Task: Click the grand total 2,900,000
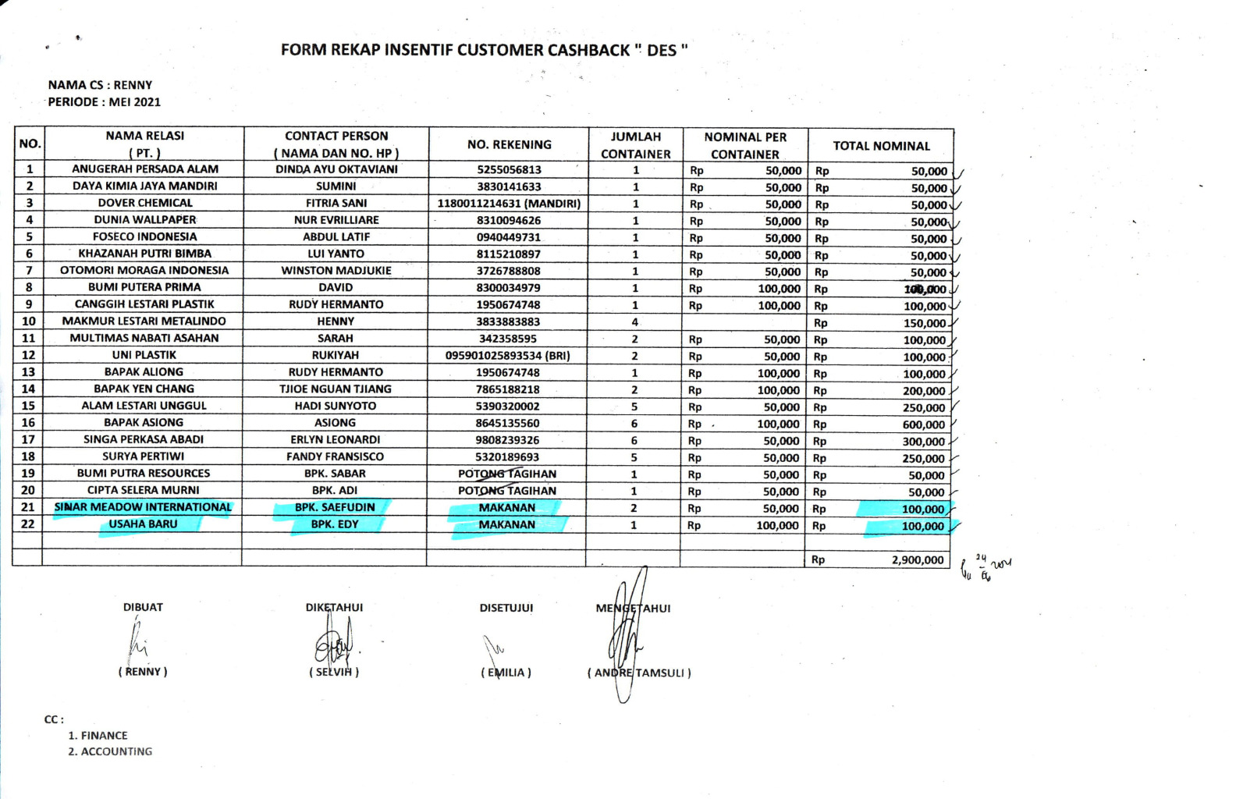click(x=918, y=559)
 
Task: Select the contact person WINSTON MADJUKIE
click(x=336, y=271)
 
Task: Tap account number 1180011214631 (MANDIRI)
click(x=508, y=204)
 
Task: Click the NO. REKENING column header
click(x=509, y=144)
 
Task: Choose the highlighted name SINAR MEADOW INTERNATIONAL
click(x=143, y=507)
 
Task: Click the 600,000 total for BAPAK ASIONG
click(x=923, y=424)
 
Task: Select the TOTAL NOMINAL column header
click(x=881, y=146)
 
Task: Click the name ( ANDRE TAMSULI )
click(x=639, y=673)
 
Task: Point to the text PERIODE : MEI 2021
click(x=104, y=101)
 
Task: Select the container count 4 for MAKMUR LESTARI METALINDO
click(x=634, y=321)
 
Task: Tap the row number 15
click(x=28, y=406)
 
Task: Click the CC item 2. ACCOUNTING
click(x=110, y=751)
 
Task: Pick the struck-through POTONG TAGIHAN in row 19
click(x=507, y=474)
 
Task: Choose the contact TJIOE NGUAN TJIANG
click(x=336, y=389)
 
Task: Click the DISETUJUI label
click(x=506, y=608)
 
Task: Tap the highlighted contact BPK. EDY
click(x=335, y=524)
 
